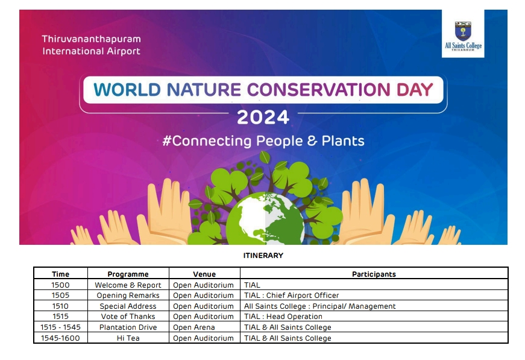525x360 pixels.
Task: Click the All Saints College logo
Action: (x=463, y=34)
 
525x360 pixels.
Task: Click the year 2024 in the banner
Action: (x=263, y=117)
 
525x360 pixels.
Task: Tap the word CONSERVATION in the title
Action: (x=318, y=90)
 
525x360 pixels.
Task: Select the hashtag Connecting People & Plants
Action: (x=263, y=141)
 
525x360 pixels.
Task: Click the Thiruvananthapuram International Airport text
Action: (x=92, y=45)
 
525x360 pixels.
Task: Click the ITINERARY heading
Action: (x=263, y=256)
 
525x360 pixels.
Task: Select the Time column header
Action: (x=61, y=274)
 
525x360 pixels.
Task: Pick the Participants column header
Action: (x=374, y=274)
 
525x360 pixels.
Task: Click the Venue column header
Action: (x=204, y=274)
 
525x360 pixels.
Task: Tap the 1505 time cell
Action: (x=61, y=295)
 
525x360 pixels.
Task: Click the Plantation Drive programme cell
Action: (x=128, y=327)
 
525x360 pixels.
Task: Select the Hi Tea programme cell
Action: (x=128, y=338)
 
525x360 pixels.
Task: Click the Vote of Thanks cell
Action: (x=128, y=317)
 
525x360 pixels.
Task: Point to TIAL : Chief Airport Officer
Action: (x=291, y=295)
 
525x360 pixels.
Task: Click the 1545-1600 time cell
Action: (x=61, y=338)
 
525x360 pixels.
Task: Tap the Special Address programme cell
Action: (x=128, y=306)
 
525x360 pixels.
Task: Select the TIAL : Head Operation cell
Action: (x=283, y=317)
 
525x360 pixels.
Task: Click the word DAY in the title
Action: (x=415, y=90)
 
